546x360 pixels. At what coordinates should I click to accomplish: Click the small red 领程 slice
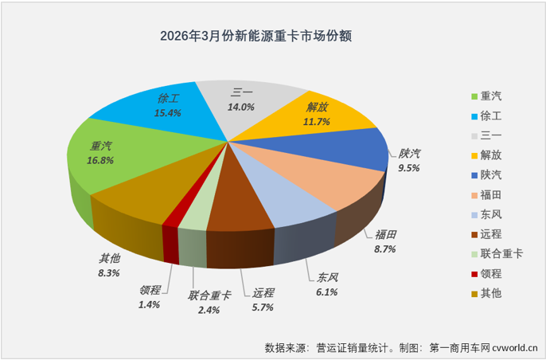pos(170,226)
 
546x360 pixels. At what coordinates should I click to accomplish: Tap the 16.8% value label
pos(100,160)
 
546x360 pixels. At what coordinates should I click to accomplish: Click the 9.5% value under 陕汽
pos(408,168)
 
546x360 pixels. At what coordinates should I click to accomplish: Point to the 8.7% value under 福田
pos(384,249)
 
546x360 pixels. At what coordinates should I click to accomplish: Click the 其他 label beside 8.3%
pos(109,258)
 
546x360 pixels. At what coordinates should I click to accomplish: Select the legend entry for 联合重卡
pos(494,254)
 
